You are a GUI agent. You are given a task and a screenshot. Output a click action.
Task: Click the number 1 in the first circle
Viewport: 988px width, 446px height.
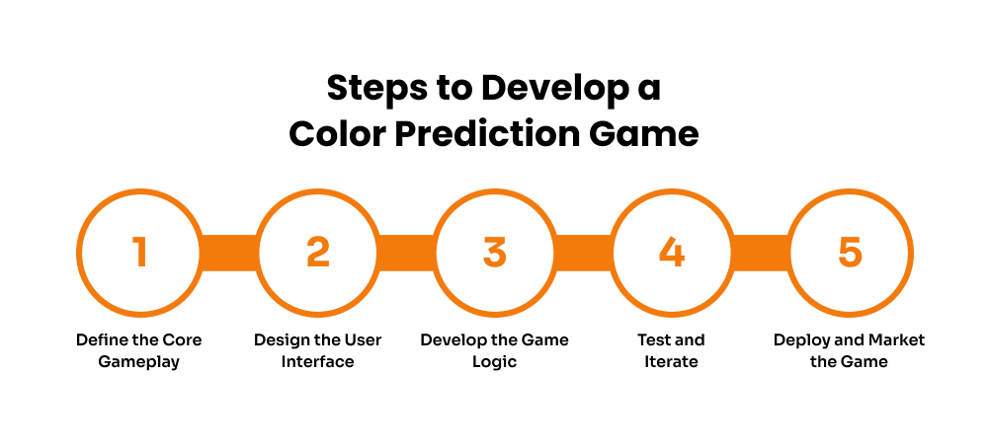tap(139, 252)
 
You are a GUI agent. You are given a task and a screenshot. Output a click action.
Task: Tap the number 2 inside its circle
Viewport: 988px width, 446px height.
tap(317, 252)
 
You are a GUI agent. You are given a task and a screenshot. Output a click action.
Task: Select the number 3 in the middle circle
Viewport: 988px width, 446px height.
tap(494, 252)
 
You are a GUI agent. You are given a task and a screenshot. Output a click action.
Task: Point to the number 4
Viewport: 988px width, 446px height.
tap(672, 252)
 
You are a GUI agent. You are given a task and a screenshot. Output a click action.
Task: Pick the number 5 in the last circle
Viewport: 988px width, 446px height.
tap(850, 252)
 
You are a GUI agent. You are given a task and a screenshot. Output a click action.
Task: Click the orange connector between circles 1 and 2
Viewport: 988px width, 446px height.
tap(228, 252)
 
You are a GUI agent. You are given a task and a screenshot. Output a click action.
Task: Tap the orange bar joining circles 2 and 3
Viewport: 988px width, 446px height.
tap(406, 252)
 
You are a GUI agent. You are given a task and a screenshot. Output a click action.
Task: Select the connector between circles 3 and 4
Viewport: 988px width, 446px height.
tap(583, 252)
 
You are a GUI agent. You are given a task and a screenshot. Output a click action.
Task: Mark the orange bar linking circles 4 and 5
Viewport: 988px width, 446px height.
tap(761, 252)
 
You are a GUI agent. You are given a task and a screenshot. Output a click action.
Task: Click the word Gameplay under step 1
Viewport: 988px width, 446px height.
tap(139, 362)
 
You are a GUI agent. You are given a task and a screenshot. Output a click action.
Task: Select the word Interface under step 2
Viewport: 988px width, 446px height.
tap(317, 361)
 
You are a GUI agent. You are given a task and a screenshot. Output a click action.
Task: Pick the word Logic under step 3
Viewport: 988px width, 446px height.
tap(495, 362)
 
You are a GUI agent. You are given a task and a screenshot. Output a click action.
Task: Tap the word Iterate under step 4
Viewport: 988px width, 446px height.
tap(672, 361)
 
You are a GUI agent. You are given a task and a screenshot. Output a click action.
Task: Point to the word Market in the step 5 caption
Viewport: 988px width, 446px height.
tap(897, 339)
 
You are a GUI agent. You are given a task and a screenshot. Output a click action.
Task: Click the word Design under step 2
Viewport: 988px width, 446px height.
tap(281, 340)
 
